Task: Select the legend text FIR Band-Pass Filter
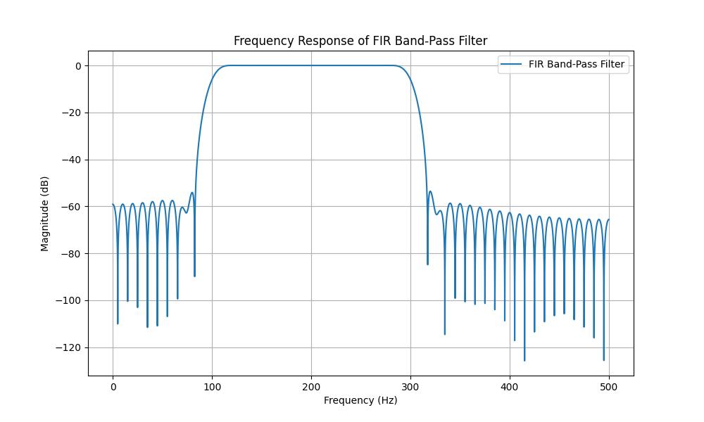pyautogui.click(x=576, y=64)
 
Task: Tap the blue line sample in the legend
pyautogui.click(x=511, y=64)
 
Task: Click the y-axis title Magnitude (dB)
pyautogui.click(x=45, y=213)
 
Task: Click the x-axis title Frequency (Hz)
pyautogui.click(x=360, y=400)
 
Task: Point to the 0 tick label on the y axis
pyautogui.click(x=78, y=66)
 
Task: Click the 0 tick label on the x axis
pyautogui.click(x=113, y=386)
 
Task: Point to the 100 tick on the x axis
pyautogui.click(x=212, y=386)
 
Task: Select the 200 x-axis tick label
pyautogui.click(x=311, y=386)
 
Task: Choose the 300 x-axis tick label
pyautogui.click(x=410, y=386)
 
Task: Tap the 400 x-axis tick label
pyautogui.click(x=510, y=386)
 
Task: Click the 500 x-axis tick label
pyautogui.click(x=609, y=386)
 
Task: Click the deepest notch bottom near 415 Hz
pyautogui.click(x=524, y=360)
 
